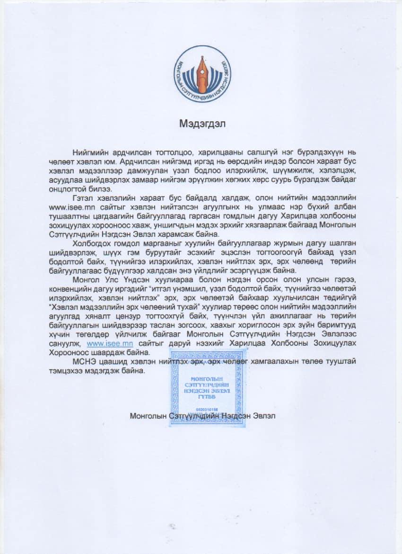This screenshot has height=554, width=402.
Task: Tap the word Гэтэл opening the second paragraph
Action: pos(84,197)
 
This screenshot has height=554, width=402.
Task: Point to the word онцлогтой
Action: pos(66,188)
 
